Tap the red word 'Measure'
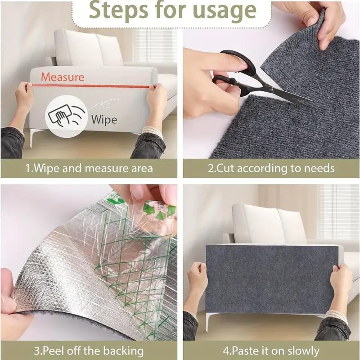click(x=63, y=77)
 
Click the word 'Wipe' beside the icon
click(x=104, y=120)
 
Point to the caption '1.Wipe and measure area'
click(x=89, y=169)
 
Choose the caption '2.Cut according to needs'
click(x=271, y=169)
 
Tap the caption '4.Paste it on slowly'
click(x=271, y=351)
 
